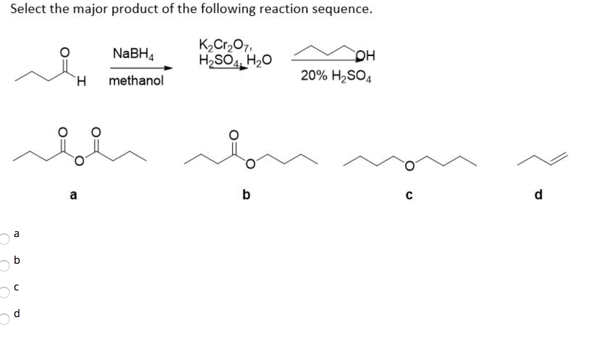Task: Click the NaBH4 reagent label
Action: (x=133, y=54)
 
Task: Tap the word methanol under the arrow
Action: (x=136, y=80)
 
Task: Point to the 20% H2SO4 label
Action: (x=336, y=76)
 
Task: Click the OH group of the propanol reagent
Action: (x=366, y=55)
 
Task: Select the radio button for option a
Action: (x=4, y=239)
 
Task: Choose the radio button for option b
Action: (x=4, y=265)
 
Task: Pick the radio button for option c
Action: (x=4, y=292)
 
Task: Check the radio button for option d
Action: (x=4, y=319)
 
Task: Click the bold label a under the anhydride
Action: (x=73, y=195)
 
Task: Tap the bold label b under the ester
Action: (x=246, y=195)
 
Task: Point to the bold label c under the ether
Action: (x=409, y=195)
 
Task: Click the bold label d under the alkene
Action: (x=538, y=195)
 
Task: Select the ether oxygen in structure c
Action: (x=409, y=166)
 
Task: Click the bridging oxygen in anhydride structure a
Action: (x=80, y=162)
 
